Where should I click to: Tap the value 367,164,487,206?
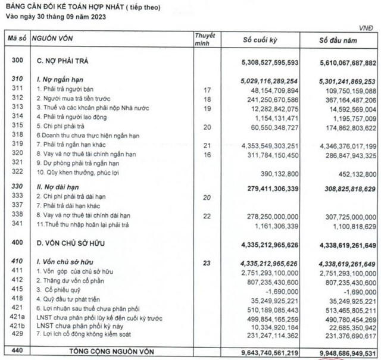point(344,99)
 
